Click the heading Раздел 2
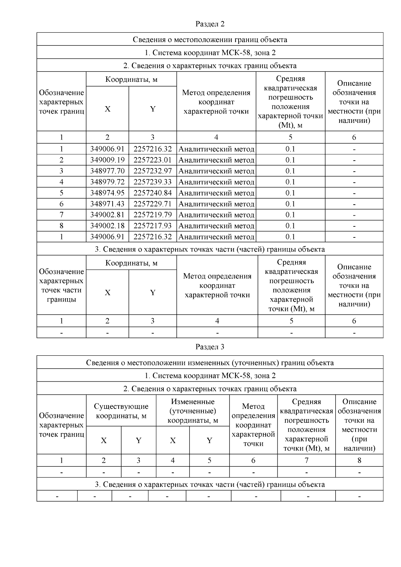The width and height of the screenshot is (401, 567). click(210, 24)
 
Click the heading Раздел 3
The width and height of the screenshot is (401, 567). click(210, 347)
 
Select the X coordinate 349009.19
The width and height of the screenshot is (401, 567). click(107, 160)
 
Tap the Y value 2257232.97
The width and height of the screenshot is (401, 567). click(152, 171)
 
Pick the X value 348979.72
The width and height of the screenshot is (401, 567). click(107, 182)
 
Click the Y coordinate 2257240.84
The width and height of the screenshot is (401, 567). click(152, 193)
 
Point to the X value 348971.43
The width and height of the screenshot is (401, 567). click(107, 204)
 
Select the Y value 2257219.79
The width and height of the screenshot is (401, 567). click(152, 215)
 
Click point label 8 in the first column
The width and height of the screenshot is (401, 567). click(61, 226)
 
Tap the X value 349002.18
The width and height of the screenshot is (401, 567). click(107, 226)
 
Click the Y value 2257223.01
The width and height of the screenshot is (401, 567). click(152, 160)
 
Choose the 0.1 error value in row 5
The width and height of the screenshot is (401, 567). click(290, 193)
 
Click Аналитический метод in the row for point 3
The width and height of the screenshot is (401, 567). click(216, 171)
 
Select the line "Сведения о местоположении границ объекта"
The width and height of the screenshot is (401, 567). click(210, 40)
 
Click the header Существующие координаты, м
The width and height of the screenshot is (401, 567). click(121, 411)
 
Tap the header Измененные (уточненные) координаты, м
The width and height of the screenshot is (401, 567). click(192, 411)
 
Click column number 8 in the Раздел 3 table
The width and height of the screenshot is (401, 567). click(359, 460)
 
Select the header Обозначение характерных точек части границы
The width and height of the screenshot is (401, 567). click(61, 286)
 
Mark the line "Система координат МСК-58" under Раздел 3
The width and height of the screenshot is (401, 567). click(210, 376)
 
